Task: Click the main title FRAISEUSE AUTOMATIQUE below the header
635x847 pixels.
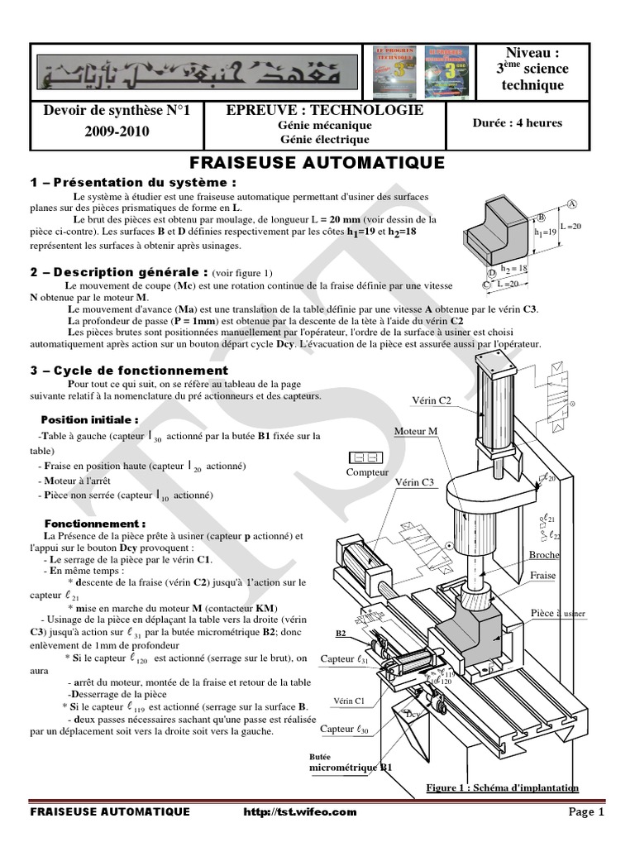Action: pos(317,162)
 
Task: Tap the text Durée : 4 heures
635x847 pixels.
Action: pos(517,123)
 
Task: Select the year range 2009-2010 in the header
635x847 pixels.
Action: pos(116,131)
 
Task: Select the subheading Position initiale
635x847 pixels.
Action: pos(90,419)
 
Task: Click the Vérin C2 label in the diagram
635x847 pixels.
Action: pos(432,400)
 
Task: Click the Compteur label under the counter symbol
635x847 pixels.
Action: pos(366,473)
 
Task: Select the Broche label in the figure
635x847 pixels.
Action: pos(543,555)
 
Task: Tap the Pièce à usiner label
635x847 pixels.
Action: pos(558,613)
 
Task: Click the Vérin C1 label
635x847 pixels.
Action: pos(348,700)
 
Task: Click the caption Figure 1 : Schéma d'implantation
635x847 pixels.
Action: pos(502,787)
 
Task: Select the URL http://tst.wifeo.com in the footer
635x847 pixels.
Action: pos(301,812)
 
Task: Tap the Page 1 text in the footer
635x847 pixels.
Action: pos(588,812)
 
